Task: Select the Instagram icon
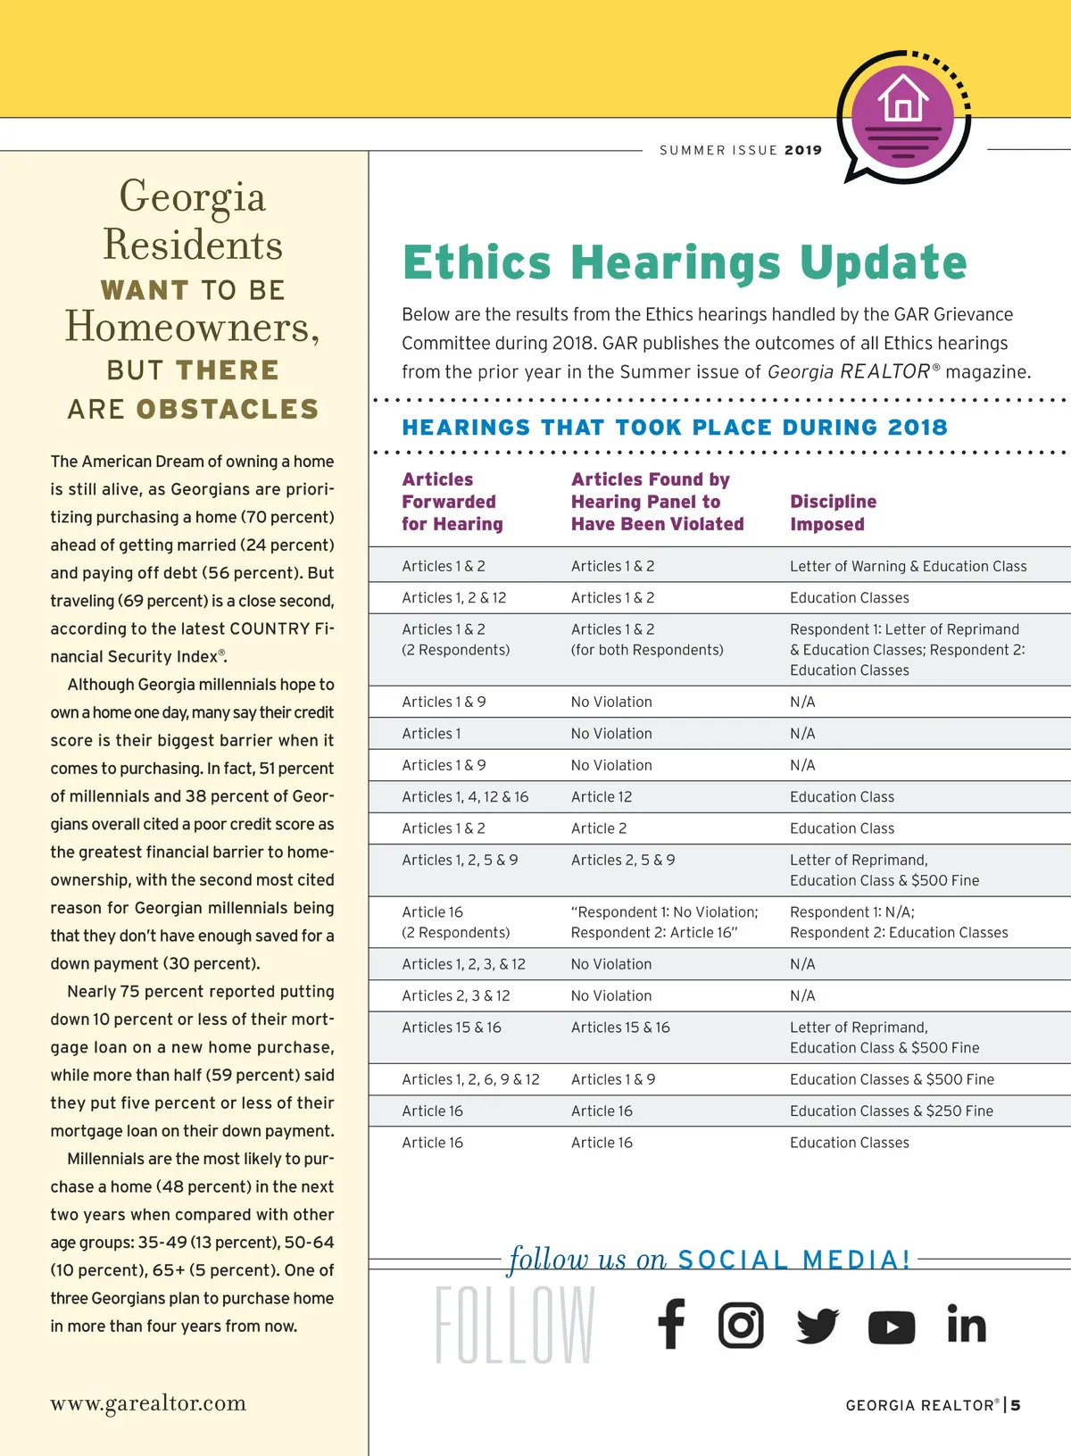point(741,1325)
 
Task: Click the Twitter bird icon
point(817,1326)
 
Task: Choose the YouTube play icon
point(892,1327)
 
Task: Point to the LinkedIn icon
point(967,1324)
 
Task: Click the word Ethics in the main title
point(477,262)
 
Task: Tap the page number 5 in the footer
point(1016,1405)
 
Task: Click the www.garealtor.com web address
point(148,1402)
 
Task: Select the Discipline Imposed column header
point(833,512)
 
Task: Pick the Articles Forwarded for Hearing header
point(452,502)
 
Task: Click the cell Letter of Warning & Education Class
point(908,566)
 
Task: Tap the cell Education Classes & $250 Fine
point(891,1111)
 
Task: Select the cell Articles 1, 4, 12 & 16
point(465,796)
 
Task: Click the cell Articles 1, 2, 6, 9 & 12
point(470,1079)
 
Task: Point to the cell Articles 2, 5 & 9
point(623,860)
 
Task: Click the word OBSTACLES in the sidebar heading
point(228,409)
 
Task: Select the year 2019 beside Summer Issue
point(803,150)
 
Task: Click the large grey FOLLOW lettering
point(515,1325)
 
